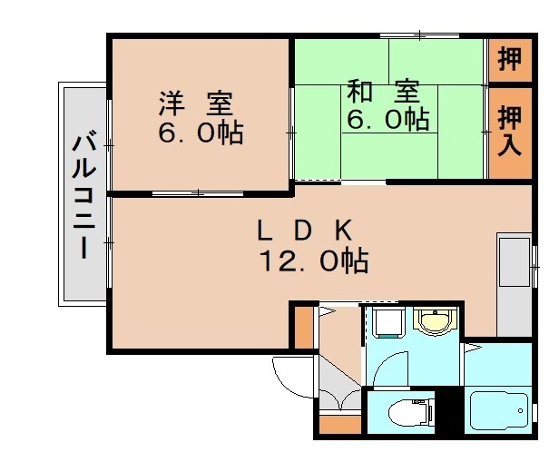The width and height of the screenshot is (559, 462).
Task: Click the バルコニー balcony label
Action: (x=84, y=194)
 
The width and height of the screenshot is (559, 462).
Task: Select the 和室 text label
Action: (x=382, y=92)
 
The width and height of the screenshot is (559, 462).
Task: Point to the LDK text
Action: (x=304, y=230)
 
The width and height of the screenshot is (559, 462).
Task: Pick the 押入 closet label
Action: (x=511, y=131)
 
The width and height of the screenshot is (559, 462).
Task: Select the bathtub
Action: (x=499, y=414)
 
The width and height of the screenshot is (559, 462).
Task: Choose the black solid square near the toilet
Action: (x=446, y=409)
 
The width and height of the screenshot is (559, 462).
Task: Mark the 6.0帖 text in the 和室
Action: (x=387, y=120)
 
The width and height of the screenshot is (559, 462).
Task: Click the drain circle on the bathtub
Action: (x=521, y=414)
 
